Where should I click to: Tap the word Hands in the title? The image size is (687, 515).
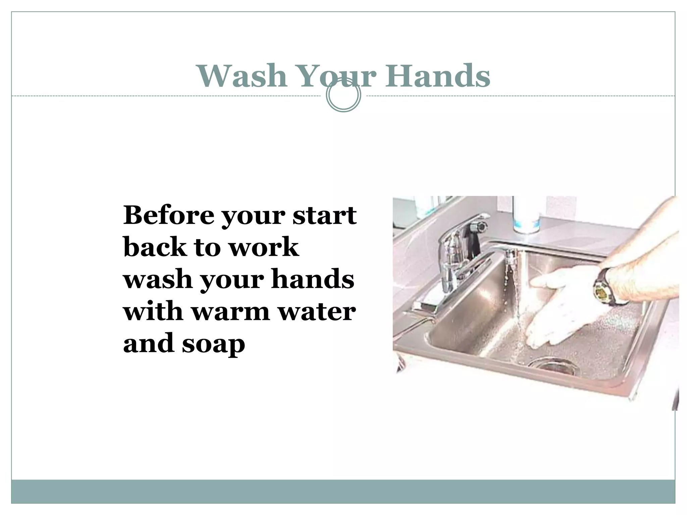(437, 76)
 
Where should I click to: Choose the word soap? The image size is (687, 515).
(213, 344)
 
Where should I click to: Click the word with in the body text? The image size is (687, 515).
(153, 311)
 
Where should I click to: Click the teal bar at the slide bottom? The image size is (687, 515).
(343, 492)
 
